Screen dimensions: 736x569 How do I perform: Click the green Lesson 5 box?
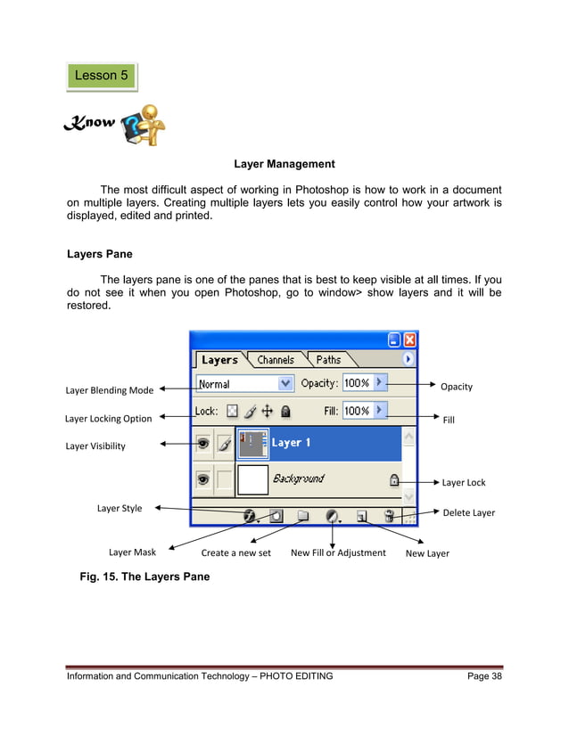[102, 76]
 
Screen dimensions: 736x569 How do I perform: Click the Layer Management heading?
[284, 164]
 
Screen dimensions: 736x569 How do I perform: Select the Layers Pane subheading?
[100, 254]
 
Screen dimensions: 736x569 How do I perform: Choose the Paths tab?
[327, 360]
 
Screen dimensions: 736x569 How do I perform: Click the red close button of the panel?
[409, 339]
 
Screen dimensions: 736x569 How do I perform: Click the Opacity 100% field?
[357, 383]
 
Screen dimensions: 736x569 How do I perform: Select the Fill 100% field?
[357, 411]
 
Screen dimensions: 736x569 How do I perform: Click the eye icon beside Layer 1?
[203, 442]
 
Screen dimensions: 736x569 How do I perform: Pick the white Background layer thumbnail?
[252, 479]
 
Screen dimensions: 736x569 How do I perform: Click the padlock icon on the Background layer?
[393, 479]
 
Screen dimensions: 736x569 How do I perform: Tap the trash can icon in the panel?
[389, 515]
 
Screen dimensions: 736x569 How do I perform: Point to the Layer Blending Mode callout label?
[110, 390]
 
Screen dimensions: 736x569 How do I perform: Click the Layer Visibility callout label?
[95, 446]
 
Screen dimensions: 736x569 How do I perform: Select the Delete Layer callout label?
[468, 512]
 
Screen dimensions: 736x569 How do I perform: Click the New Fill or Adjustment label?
[338, 552]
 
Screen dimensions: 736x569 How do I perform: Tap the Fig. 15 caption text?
[144, 577]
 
